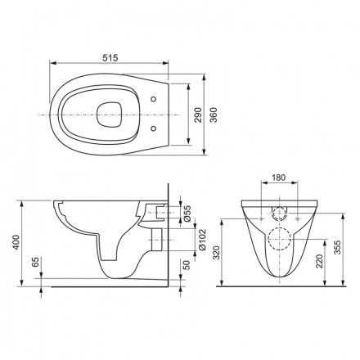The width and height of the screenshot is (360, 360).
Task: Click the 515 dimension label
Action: click(x=110, y=58)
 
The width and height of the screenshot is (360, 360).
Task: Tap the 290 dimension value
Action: click(x=198, y=115)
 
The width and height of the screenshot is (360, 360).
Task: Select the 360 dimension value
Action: click(x=214, y=115)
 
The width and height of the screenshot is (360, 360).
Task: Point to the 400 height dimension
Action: click(x=17, y=242)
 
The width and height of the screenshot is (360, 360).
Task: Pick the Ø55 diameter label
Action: click(x=188, y=214)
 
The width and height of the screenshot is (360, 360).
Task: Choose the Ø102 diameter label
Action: click(x=203, y=240)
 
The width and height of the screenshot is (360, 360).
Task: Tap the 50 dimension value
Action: click(x=187, y=265)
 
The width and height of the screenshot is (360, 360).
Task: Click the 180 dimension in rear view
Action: click(x=279, y=178)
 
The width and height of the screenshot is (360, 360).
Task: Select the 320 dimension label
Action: click(x=216, y=253)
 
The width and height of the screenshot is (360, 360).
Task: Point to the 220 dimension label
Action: click(x=319, y=261)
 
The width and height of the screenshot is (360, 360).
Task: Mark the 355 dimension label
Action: click(x=338, y=247)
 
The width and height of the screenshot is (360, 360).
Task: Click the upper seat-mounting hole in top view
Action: click(x=154, y=99)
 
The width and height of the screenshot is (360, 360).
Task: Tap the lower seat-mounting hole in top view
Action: click(x=154, y=128)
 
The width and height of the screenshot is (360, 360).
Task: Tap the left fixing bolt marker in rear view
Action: click(x=261, y=218)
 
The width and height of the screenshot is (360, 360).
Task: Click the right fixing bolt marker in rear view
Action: click(x=298, y=218)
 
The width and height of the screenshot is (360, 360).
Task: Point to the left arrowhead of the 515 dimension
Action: click(x=52, y=63)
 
